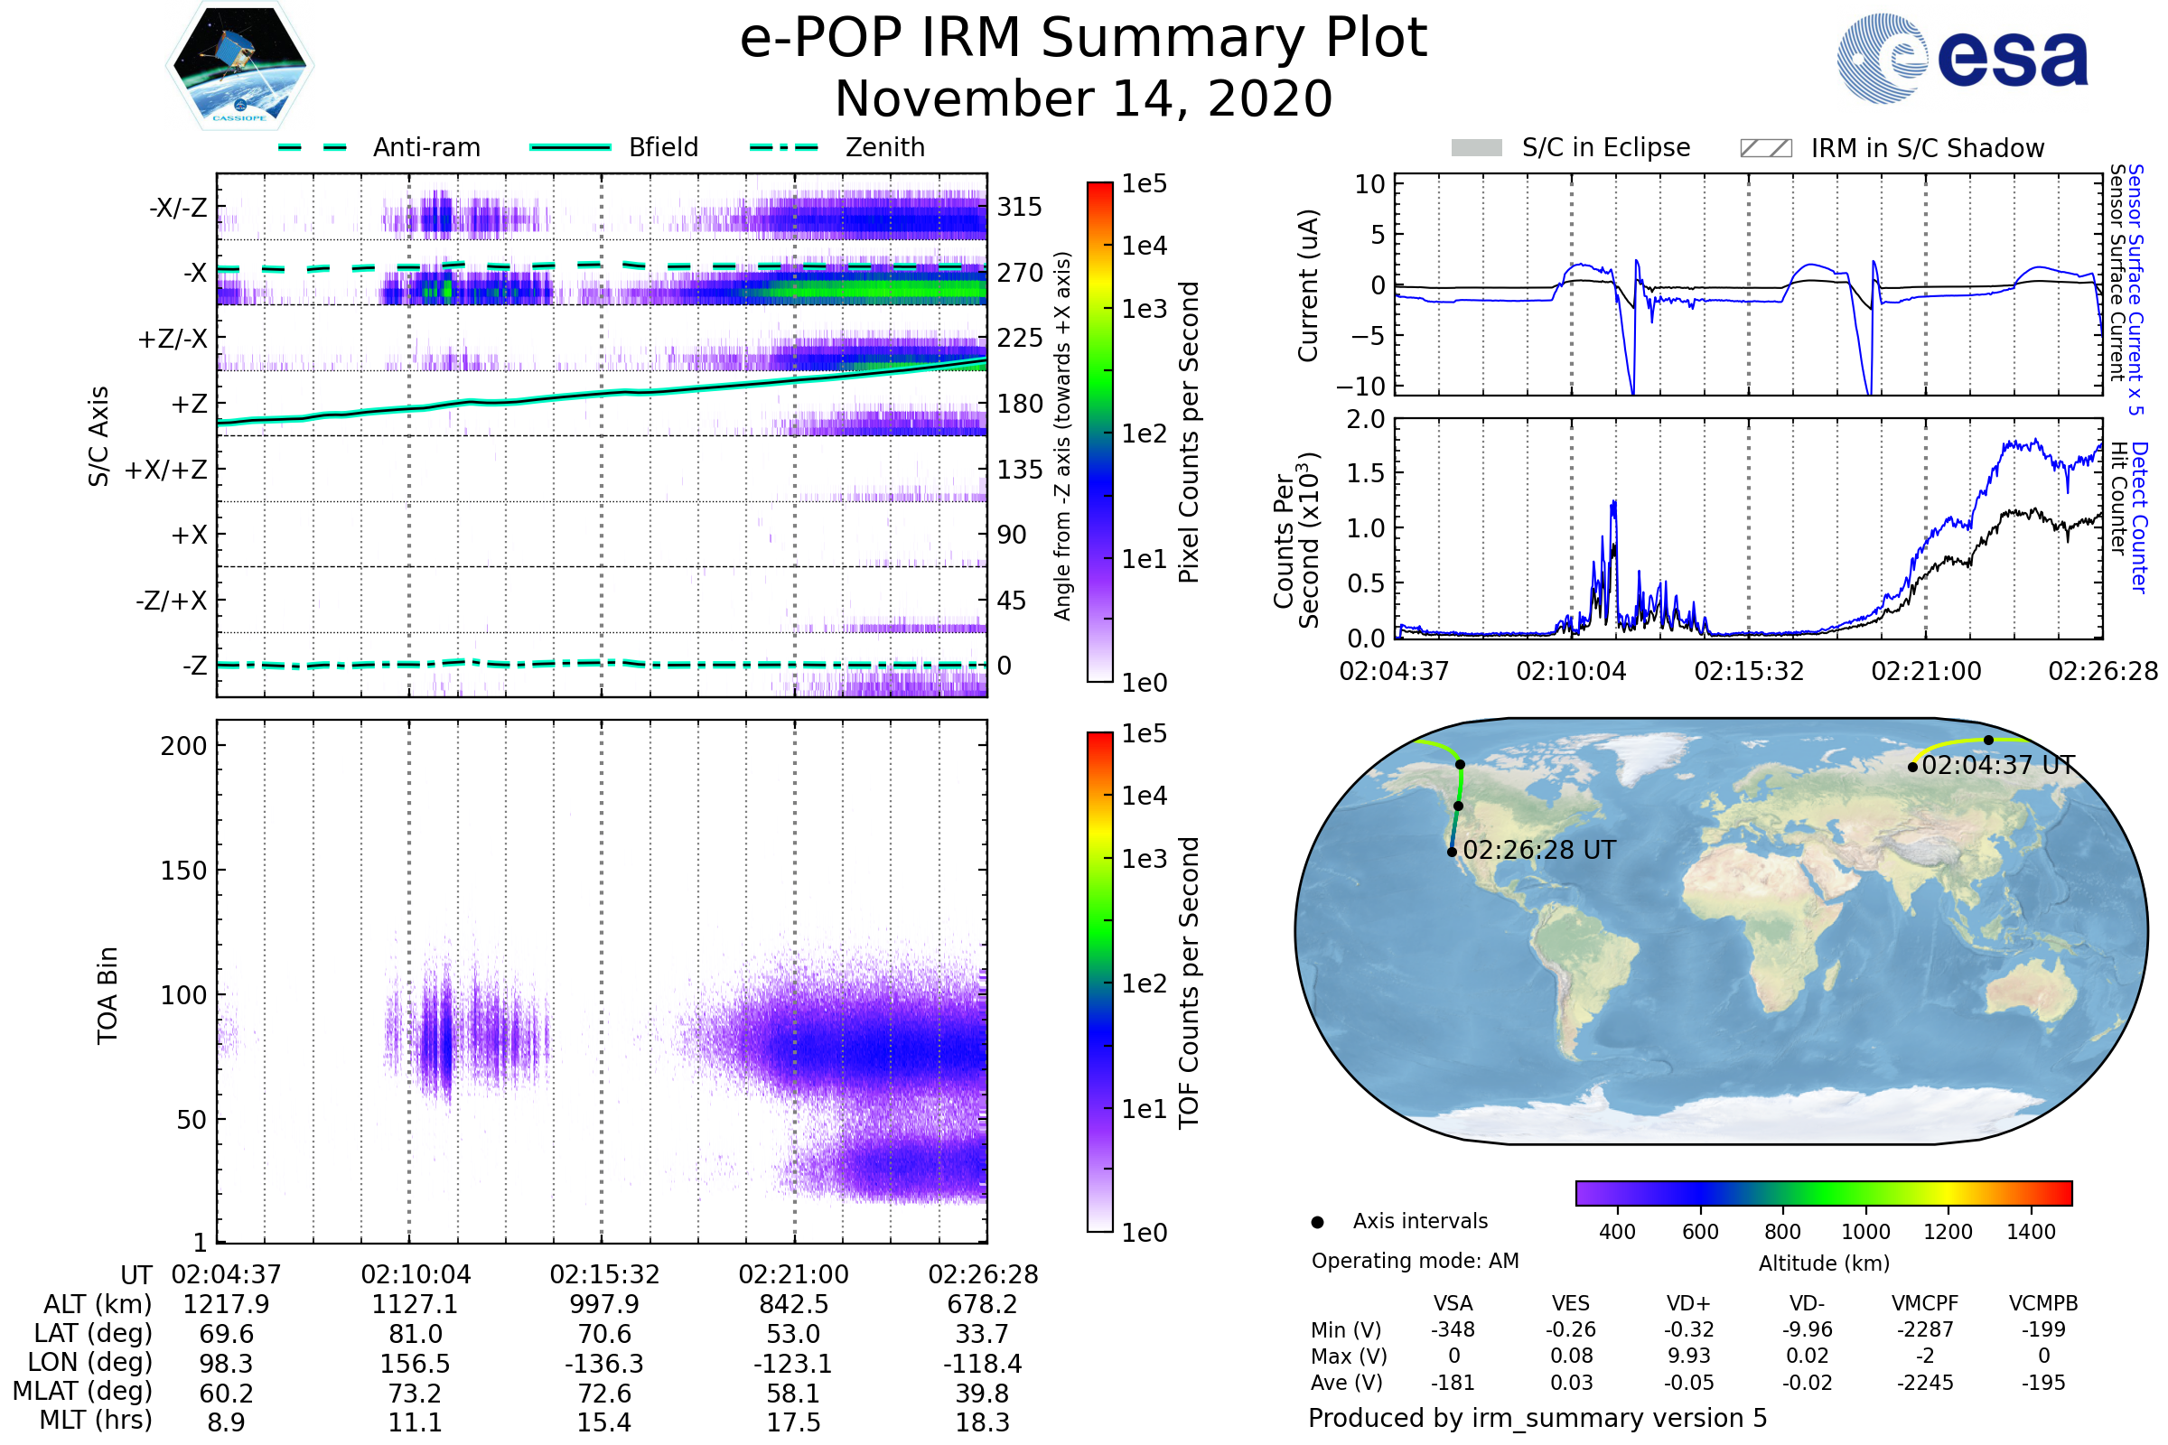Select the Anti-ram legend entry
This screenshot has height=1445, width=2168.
tap(425, 147)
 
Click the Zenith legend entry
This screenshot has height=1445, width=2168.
tap(885, 147)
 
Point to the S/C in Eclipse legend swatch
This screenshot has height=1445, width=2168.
tap(1476, 148)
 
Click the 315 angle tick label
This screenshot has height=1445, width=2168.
tap(1020, 207)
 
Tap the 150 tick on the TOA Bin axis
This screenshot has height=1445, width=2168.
tap(183, 871)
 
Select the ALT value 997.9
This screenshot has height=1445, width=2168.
tap(603, 1305)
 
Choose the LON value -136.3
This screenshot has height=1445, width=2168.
tap(603, 1364)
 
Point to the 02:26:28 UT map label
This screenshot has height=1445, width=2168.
tap(1538, 851)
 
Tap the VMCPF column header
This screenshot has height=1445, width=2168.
tap(1925, 1304)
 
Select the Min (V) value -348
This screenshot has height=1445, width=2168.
tap(1453, 1329)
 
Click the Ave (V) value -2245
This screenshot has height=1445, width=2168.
tap(1925, 1384)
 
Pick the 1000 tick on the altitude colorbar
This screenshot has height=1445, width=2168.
tap(1865, 1232)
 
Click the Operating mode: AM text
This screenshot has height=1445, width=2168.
tap(1415, 1261)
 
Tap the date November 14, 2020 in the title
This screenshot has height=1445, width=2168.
tap(1083, 99)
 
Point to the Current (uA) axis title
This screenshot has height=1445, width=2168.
tap(1308, 285)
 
